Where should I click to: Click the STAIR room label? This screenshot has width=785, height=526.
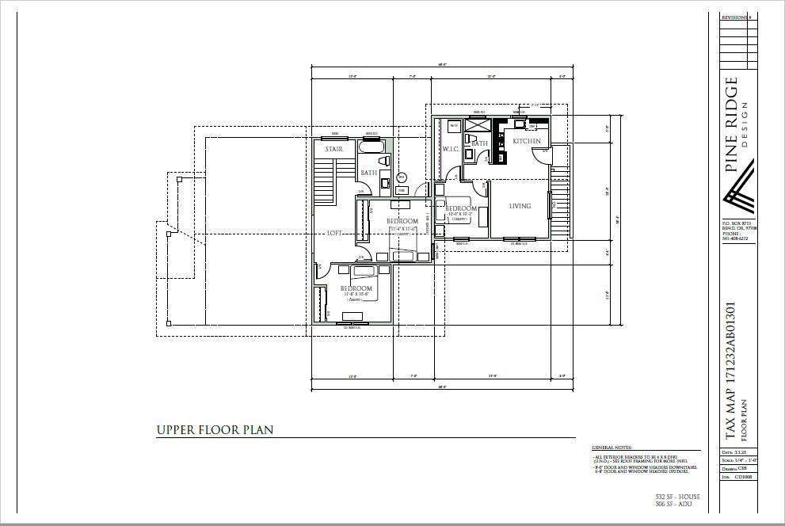click(x=333, y=148)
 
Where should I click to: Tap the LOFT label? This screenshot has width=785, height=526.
click(x=335, y=233)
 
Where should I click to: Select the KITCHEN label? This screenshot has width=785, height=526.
click(x=527, y=141)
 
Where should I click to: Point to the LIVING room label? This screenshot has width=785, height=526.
click(x=520, y=206)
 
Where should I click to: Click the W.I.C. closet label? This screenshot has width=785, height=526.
click(x=451, y=149)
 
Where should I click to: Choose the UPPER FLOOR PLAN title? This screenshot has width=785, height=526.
click(x=215, y=430)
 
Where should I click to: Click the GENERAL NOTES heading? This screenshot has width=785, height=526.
click(x=612, y=448)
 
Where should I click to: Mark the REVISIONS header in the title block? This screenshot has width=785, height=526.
click(x=736, y=17)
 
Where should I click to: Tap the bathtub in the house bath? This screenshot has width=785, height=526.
click(x=372, y=147)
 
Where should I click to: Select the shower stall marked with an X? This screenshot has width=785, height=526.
click(x=477, y=124)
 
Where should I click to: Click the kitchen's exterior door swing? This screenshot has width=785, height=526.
click(x=556, y=153)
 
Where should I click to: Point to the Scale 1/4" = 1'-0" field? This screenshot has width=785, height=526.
click(x=737, y=460)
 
